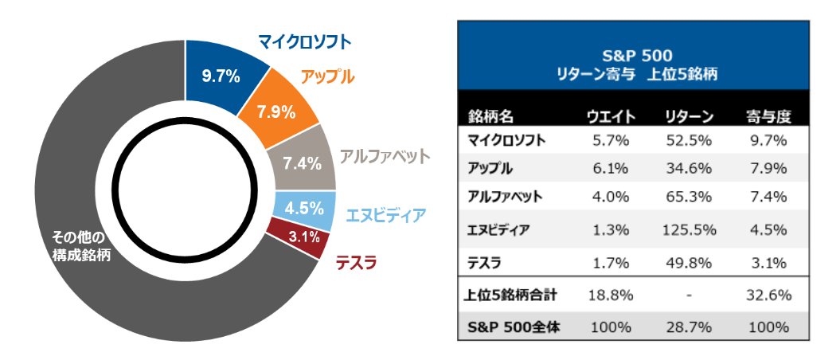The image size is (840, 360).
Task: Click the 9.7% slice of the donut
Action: coord(220,76)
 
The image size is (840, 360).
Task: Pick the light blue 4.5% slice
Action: coord(303,208)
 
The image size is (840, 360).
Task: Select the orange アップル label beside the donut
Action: coord(327,78)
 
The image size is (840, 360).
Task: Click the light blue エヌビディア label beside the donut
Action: coord(386,214)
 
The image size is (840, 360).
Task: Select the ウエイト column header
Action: coord(610,116)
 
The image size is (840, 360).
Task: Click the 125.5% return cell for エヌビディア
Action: coord(689,230)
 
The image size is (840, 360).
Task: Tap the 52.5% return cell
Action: coord(689,140)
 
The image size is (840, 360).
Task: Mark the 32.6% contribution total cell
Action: coord(768,295)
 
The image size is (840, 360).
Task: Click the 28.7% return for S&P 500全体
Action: coord(689,327)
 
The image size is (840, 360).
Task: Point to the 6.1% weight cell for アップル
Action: coord(610,169)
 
